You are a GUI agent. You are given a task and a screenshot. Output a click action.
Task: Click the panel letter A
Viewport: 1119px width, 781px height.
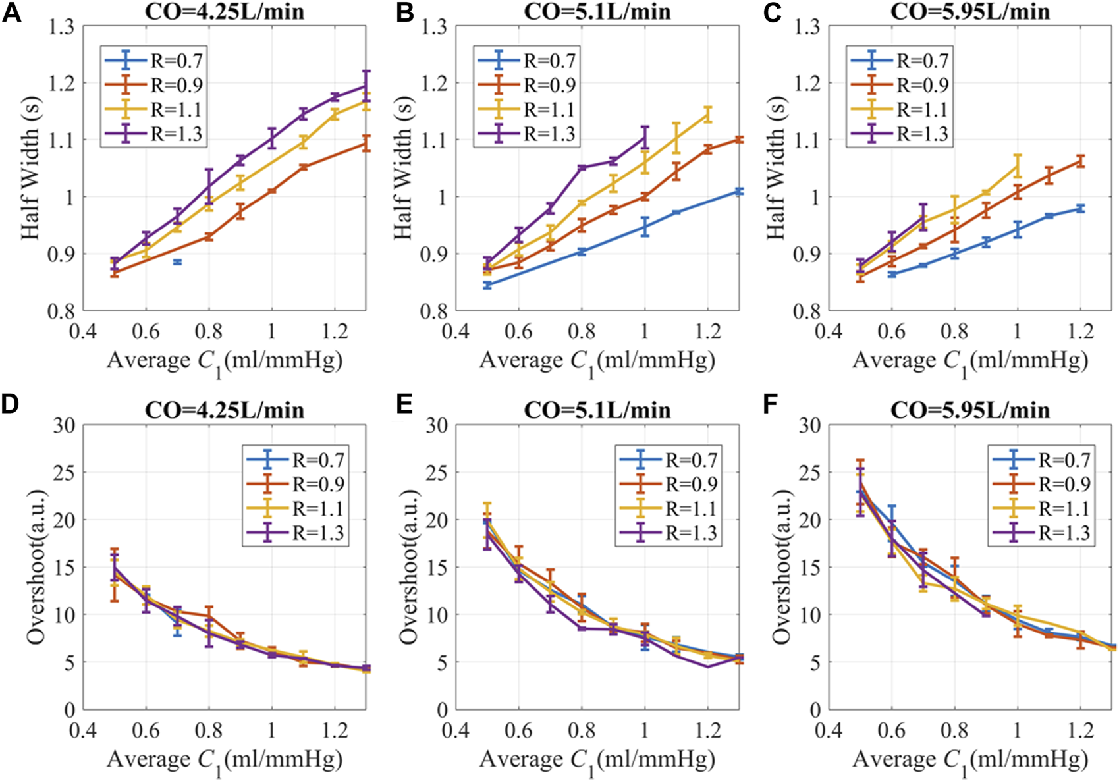[x=11, y=13]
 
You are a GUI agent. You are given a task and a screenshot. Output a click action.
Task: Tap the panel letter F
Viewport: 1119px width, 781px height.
[x=771, y=404]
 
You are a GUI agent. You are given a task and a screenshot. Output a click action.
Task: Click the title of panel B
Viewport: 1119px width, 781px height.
[x=597, y=11]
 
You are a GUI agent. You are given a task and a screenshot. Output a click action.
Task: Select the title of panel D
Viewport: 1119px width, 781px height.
[x=225, y=410]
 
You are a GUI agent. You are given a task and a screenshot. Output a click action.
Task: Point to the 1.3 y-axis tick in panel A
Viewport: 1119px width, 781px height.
[x=60, y=27]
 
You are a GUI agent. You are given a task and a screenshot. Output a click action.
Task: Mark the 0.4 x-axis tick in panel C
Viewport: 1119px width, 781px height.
[x=829, y=330]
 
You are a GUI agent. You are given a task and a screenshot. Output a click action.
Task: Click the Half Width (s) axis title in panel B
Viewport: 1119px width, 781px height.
[x=403, y=169]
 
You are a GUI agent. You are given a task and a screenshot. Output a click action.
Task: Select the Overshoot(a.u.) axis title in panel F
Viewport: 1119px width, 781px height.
[x=782, y=567]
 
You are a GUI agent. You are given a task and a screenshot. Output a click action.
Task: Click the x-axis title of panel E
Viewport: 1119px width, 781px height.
[x=597, y=760]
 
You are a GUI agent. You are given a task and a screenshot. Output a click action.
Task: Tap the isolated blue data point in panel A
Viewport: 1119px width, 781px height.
[x=177, y=262]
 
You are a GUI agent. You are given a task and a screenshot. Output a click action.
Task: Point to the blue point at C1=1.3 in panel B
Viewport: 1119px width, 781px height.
[x=739, y=191]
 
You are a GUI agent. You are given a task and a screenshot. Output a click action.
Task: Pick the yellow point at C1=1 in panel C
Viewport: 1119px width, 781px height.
[x=1018, y=166]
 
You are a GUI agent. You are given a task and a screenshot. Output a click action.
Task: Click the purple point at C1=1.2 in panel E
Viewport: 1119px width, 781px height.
[x=708, y=666]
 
